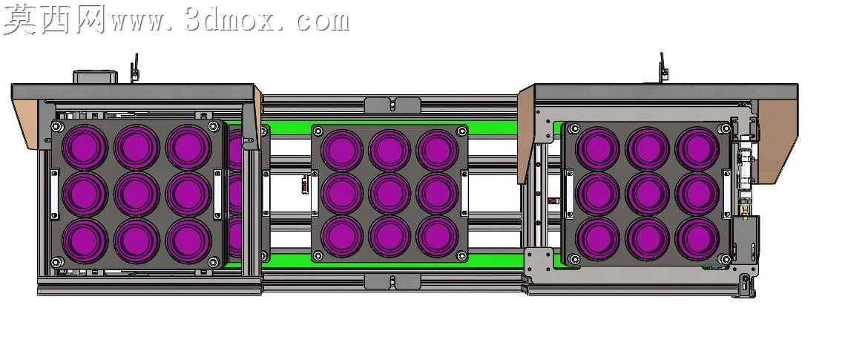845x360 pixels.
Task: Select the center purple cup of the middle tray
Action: pyautogui.click(x=389, y=193)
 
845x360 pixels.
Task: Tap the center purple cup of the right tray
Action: pyautogui.click(x=648, y=194)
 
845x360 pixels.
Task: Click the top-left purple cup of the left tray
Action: pyautogui.click(x=85, y=147)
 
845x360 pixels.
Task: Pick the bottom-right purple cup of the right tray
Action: pyautogui.click(x=697, y=239)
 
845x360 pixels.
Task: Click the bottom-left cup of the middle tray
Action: pyautogui.click(x=342, y=237)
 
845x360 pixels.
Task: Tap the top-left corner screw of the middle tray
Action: pyautogui.click(x=318, y=131)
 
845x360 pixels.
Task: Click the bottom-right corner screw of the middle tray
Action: pyautogui.click(x=462, y=255)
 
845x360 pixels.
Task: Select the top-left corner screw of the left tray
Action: pyautogui.click(x=57, y=127)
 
